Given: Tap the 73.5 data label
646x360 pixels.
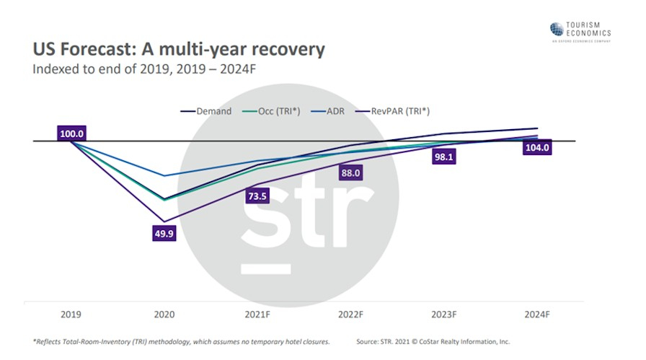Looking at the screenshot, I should [x=258, y=196].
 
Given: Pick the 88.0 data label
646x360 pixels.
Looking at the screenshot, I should [x=351, y=173].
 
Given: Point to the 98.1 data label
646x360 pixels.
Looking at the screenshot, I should [x=444, y=157].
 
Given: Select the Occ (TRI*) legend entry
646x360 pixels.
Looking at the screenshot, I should [x=278, y=111].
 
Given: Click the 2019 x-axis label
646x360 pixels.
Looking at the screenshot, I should [x=71, y=315].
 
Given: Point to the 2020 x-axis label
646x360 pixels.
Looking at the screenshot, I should [x=164, y=315].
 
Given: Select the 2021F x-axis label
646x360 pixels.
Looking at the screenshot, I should [x=258, y=315].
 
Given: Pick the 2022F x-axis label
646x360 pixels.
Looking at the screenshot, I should [x=351, y=315].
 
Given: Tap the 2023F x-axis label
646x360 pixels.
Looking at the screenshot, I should [x=444, y=315].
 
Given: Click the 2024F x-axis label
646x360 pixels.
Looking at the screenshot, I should [x=538, y=315].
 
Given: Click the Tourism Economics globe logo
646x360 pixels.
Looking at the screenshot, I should [x=557, y=29].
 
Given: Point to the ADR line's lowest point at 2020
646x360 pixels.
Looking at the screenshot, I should [x=164, y=175].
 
